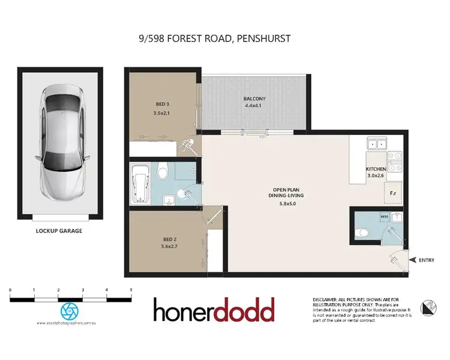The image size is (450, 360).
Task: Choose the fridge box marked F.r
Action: (x=394, y=193)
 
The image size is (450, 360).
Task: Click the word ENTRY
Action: (x=427, y=259)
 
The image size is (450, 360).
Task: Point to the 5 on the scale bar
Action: (x=131, y=290)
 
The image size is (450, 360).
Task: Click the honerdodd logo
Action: (x=214, y=310)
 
